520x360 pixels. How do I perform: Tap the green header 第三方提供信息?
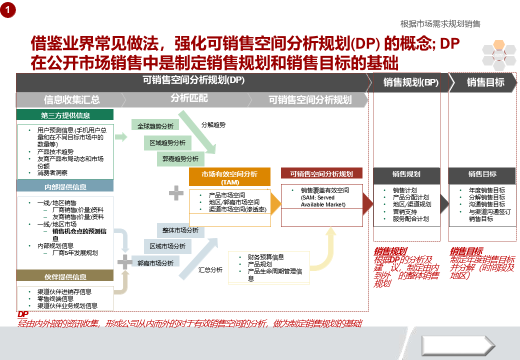pyautogui.click(x=65, y=115)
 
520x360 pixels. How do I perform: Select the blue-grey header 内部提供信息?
pyautogui.click(x=65, y=186)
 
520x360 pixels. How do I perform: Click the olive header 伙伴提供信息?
pyautogui.click(x=65, y=276)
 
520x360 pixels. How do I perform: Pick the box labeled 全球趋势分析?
pyautogui.click(x=155, y=126)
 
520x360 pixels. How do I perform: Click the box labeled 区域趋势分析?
pyautogui.click(x=167, y=142)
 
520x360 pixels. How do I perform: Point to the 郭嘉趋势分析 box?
pyautogui.click(x=180, y=159)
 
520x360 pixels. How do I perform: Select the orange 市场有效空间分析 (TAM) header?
pyautogui.click(x=229, y=177)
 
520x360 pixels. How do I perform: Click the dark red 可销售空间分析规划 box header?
pyautogui.click(x=321, y=174)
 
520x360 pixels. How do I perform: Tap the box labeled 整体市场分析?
pyautogui.click(x=180, y=230)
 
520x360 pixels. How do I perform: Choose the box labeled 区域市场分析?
pyautogui.click(x=167, y=246)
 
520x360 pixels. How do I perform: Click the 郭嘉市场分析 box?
pyautogui.click(x=155, y=262)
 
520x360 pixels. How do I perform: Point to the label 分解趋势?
pyautogui.click(x=213, y=124)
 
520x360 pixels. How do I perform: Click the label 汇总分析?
pyautogui.click(x=210, y=269)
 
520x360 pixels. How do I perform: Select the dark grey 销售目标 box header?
pyautogui.click(x=482, y=174)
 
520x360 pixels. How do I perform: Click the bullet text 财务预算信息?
pyautogui.click(x=266, y=257)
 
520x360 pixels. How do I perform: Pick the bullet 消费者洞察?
pyautogui.click(x=52, y=172)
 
